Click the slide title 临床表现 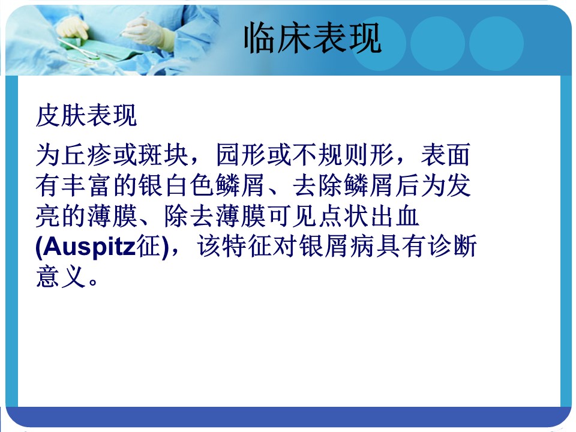313,37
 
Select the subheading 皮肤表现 86,116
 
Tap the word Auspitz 89,247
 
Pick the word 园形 241,155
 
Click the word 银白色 176,185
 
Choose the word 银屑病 338,247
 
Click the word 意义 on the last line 61,277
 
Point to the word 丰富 86,185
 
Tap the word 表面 445,155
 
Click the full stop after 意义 93,282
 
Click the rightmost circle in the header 496,43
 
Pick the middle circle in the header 437,43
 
